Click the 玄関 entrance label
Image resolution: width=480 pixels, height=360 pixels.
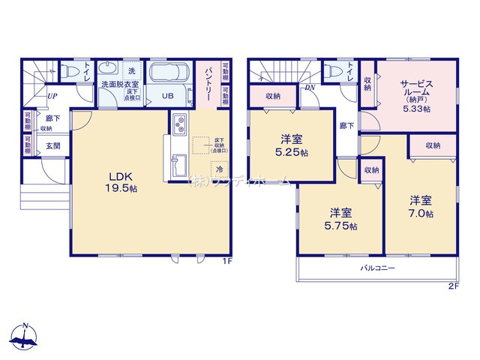click(43, 146)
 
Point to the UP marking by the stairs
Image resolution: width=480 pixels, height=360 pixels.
click(52, 96)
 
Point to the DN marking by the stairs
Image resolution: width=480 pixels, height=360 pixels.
click(310, 88)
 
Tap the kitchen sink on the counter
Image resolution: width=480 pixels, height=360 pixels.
click(179, 163)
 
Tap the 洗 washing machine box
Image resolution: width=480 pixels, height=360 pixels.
click(130, 70)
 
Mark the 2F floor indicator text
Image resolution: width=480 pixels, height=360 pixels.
click(452, 286)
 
